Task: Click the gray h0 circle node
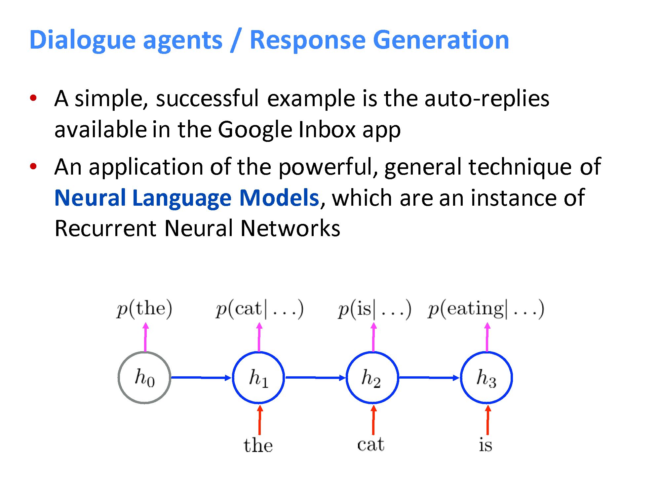[x=144, y=378]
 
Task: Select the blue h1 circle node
[x=258, y=378]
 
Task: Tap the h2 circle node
[x=372, y=378]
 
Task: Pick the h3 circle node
[x=486, y=378]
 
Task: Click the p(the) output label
[x=144, y=309]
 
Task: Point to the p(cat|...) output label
[x=259, y=309]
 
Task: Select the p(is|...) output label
[x=374, y=309]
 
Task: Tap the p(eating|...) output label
[x=486, y=309]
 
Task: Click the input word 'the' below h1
[x=258, y=445]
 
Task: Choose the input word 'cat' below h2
[x=371, y=444]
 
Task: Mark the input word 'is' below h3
[x=486, y=444]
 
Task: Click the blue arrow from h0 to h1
[x=201, y=378]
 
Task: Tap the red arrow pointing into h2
[x=373, y=420]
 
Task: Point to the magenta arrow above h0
[x=145, y=337]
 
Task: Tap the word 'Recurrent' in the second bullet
[x=105, y=228]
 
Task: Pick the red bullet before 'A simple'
[x=33, y=98]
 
